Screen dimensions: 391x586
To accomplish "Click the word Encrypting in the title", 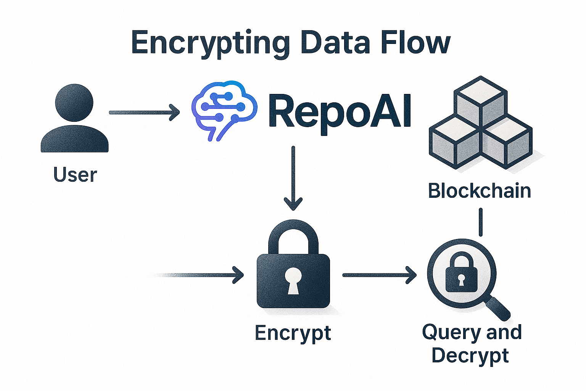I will coord(210,43).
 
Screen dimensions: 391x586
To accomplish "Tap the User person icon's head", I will coord(74,102).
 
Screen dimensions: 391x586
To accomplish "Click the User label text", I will coord(75,175).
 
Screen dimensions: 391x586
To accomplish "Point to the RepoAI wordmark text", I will coord(340,111).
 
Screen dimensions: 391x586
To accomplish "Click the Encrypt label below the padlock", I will coord(293,333).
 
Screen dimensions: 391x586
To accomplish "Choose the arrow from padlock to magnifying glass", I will coord(379,275).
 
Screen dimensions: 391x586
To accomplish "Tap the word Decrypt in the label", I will coord(470,356).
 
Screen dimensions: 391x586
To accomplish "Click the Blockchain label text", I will coord(480,191).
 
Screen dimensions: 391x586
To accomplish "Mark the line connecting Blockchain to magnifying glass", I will coord(480,222).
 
